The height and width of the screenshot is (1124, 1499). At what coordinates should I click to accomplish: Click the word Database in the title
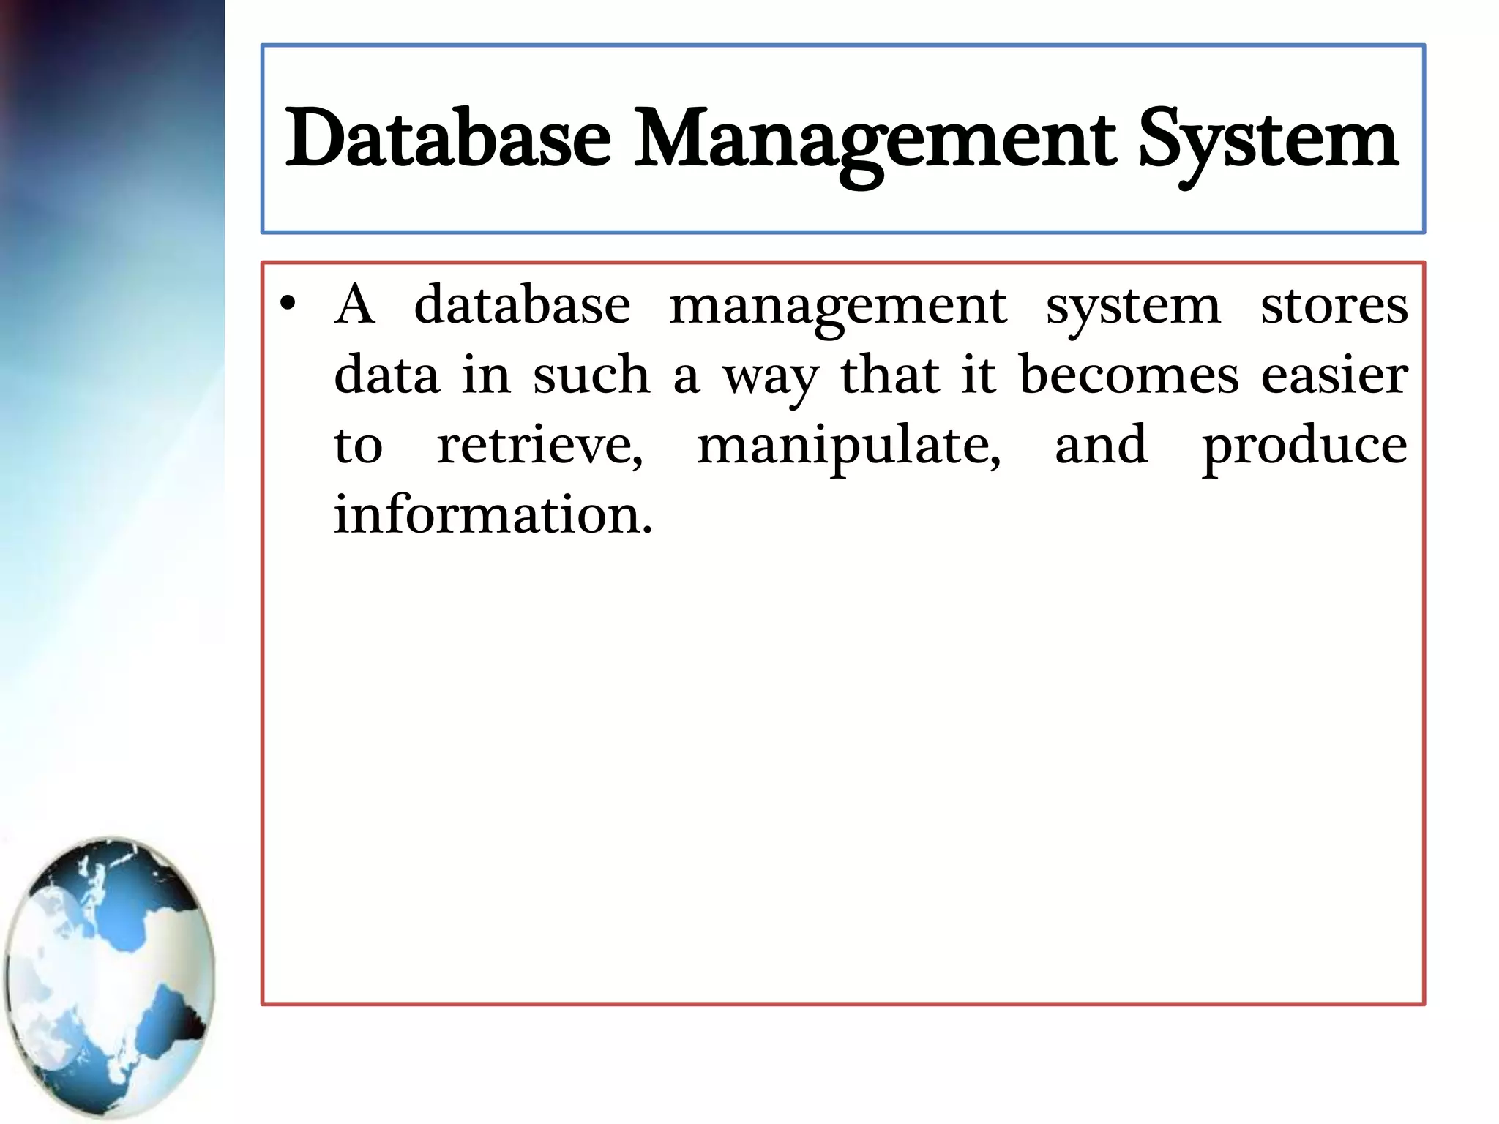pyautogui.click(x=448, y=139)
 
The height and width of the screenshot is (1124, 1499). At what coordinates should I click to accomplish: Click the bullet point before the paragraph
pyautogui.click(x=288, y=304)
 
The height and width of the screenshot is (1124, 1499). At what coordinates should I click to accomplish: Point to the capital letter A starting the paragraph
pyautogui.click(x=355, y=304)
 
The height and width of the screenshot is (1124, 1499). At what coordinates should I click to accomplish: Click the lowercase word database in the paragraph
pyautogui.click(x=522, y=304)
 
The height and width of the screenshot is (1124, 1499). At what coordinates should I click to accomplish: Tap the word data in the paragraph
pyautogui.click(x=386, y=375)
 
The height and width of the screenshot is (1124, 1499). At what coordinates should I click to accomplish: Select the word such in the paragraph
pyautogui.click(x=591, y=375)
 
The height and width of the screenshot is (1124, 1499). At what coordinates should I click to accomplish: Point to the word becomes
pyautogui.click(x=1129, y=375)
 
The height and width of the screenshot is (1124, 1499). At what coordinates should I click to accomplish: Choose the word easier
pyautogui.click(x=1334, y=375)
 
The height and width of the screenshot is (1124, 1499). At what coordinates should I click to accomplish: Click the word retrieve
pyautogui.click(x=539, y=445)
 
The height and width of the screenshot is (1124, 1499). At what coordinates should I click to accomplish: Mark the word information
pyautogui.click(x=493, y=514)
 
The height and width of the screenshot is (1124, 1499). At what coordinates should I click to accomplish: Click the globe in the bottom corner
pyautogui.click(x=110, y=977)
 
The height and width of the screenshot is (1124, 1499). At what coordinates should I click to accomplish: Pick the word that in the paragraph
pyautogui.click(x=889, y=375)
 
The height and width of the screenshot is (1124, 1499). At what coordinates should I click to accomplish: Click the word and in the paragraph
pyautogui.click(x=1101, y=445)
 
